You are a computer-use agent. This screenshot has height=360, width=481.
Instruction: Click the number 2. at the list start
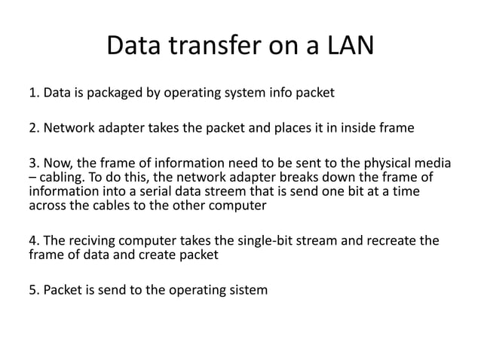coord(33,127)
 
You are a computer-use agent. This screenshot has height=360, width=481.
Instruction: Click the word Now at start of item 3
coord(57,163)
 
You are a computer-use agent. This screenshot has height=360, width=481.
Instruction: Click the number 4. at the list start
coord(33,241)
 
